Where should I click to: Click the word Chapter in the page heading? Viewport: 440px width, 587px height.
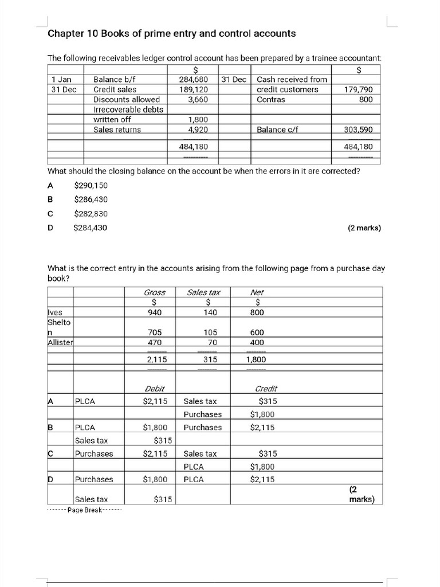[x=66, y=33]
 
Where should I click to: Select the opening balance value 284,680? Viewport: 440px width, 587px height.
[x=193, y=80]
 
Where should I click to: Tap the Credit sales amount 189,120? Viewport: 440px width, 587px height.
[x=193, y=89]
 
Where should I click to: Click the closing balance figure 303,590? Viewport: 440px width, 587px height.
[x=358, y=130]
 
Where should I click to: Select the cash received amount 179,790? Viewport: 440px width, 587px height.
[x=358, y=89]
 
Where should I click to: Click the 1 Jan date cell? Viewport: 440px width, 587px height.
[x=61, y=80]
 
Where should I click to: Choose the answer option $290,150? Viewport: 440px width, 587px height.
[x=91, y=185]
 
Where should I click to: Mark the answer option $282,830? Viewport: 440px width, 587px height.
[x=91, y=214]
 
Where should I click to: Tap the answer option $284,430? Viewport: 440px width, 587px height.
[x=91, y=228]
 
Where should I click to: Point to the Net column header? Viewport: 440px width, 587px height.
[x=258, y=292]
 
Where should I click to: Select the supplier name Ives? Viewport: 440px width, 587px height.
[x=55, y=312]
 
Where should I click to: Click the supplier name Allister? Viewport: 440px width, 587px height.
[x=60, y=342]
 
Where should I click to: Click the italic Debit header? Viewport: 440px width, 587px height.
[x=155, y=389]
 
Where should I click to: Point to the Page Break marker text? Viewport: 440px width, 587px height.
[x=84, y=510]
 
